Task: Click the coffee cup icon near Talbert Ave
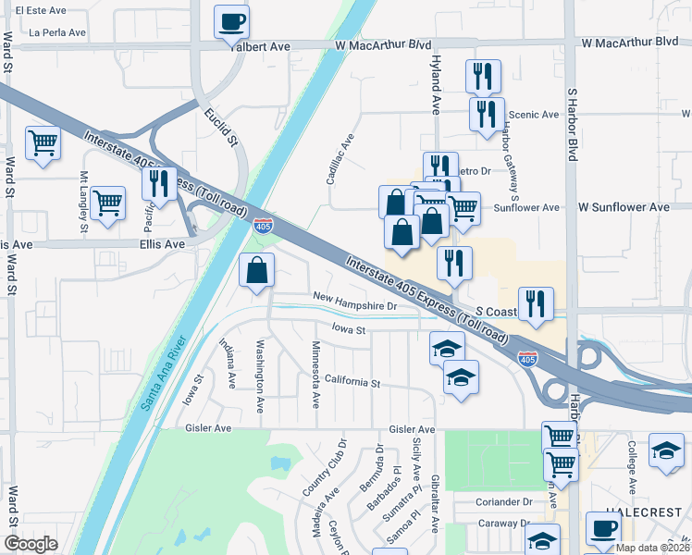(231, 20)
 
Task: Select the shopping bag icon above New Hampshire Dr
(257, 271)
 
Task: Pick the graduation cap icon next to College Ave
(665, 450)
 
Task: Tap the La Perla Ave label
(57, 31)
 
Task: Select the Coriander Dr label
(503, 502)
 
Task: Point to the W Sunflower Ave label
(624, 208)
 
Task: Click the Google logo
(31, 544)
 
